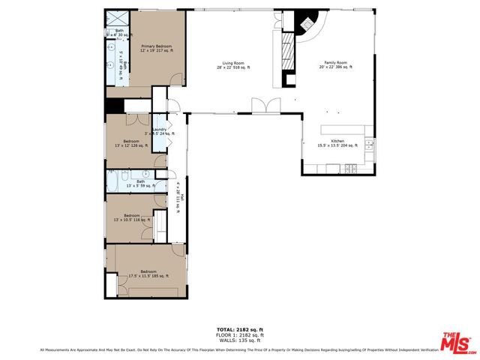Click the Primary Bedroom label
[157, 49]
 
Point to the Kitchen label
[337, 144]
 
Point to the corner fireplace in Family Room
[307, 23]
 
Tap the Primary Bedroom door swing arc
[175, 78]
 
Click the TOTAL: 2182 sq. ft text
[240, 330]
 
